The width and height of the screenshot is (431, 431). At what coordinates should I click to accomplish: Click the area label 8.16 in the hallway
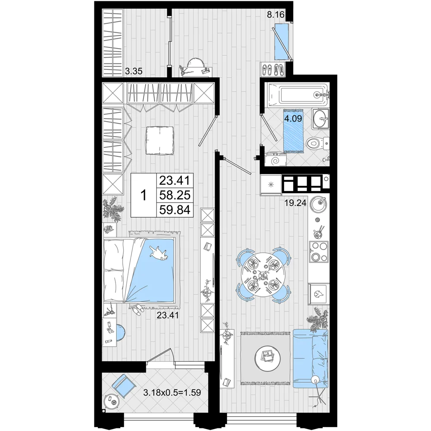pos(276,14)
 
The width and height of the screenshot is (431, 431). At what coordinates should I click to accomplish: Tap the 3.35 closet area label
pos(134,72)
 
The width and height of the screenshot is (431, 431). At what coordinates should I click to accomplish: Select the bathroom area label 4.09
pos(293,119)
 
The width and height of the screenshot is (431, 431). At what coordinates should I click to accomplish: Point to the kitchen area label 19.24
pos(295,203)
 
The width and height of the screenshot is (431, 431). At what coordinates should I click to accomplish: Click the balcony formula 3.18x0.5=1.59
pos(172,392)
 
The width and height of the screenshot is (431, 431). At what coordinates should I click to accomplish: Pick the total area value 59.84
pos(175,210)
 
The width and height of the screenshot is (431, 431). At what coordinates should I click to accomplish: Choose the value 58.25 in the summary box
pos(175,195)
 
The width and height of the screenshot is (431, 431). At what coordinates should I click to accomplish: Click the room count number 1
pos(143,196)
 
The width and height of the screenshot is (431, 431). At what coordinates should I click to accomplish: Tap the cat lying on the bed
pos(159,253)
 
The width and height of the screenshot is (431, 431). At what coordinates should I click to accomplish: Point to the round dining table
pos(263,274)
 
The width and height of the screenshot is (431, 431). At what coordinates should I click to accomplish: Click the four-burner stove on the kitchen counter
pos(319,252)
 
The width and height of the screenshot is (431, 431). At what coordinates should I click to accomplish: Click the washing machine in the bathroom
pos(275,159)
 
